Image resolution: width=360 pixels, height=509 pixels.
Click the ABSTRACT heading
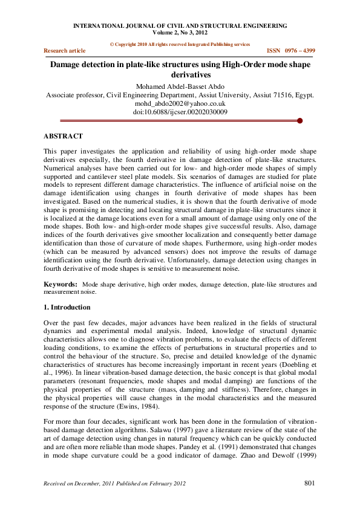tap(64, 136)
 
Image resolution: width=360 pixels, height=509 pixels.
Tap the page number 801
tap(309, 483)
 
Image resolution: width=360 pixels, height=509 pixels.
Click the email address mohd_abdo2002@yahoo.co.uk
tap(180, 103)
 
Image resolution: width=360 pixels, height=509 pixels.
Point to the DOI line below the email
tap(180, 112)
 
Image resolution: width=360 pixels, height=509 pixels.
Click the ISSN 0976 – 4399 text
tap(291, 51)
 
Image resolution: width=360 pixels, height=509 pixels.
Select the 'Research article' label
tap(65, 51)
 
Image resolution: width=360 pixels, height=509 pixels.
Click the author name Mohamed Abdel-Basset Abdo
tap(180, 86)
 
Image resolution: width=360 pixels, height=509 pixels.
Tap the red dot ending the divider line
tap(300, 121)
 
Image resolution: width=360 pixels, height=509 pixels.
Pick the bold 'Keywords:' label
tap(61, 284)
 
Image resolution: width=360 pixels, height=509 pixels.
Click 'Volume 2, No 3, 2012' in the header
tap(180, 33)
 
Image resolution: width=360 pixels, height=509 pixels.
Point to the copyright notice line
tap(180, 44)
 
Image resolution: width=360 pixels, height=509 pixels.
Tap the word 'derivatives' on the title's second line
tap(180, 75)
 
